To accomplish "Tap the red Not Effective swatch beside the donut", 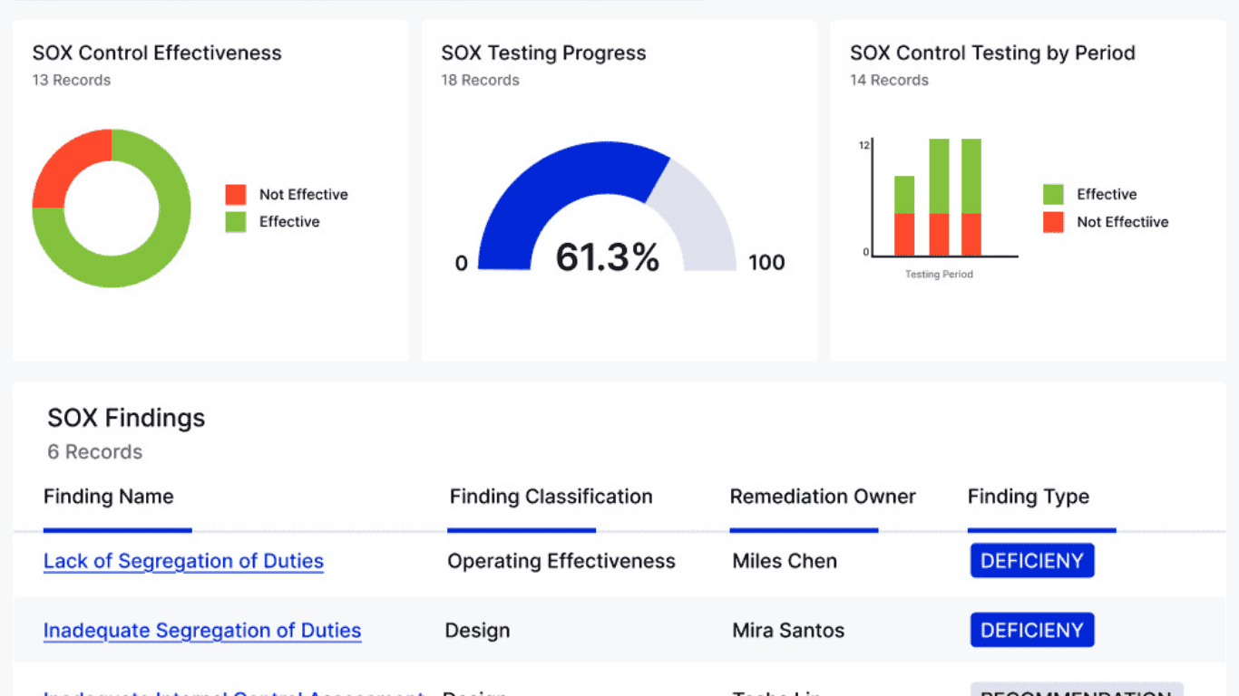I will [236, 195].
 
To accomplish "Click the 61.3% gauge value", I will [607, 257].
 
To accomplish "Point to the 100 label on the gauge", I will [766, 263].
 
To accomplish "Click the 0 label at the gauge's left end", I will [462, 264].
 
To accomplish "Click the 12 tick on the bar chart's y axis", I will [864, 145].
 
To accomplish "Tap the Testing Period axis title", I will [939, 275].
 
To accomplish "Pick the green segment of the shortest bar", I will [904, 194].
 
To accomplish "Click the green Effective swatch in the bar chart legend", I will [1053, 195].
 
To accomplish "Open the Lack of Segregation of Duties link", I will [183, 561].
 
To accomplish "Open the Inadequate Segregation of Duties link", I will [202, 631].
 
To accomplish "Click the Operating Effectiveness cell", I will [561, 561].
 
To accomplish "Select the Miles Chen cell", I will [785, 561].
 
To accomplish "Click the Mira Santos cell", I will [788, 631].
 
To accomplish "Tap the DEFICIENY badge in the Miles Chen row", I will [1032, 561].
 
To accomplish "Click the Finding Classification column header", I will [551, 497].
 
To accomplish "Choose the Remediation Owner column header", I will [823, 497].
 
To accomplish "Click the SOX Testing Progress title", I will [543, 53].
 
